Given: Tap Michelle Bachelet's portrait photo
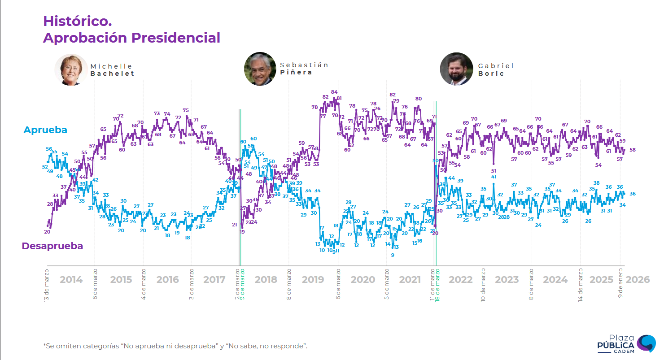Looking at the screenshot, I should point(71,69).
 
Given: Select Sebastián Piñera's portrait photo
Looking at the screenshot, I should point(260,69).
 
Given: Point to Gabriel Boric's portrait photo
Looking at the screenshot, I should point(456,69).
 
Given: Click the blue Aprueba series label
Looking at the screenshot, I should point(45,130).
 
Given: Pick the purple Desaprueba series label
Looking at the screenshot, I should point(52,246).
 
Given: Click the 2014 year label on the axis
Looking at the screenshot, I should point(71,280).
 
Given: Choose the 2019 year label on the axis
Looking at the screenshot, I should point(313,280).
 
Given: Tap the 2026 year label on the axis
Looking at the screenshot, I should point(638,280).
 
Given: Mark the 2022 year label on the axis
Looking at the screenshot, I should point(461,280).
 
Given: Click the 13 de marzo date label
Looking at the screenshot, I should point(47,285).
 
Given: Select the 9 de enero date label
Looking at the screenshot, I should point(621,283).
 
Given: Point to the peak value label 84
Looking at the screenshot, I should point(334,92).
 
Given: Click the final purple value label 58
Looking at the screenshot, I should point(633,150).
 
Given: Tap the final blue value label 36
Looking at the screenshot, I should point(633,194).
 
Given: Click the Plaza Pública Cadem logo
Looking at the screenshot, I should point(626,344).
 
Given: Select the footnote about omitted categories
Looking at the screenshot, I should point(175,346).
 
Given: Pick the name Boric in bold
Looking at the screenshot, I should point(491,74).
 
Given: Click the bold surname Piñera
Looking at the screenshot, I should point(296,72).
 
